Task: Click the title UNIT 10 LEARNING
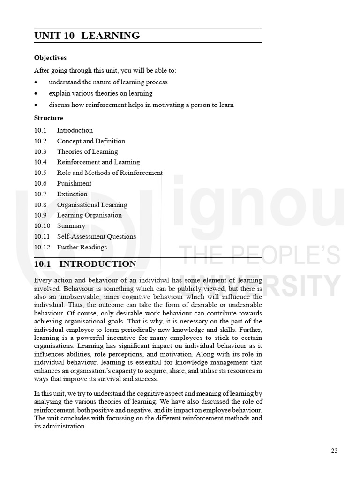(x=87, y=36)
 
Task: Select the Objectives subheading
(x=50, y=58)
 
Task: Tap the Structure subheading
(x=48, y=118)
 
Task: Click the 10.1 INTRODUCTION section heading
(x=85, y=264)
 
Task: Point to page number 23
(x=334, y=450)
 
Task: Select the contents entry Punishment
(x=74, y=183)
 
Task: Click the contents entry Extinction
(x=72, y=194)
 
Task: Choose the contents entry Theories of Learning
(x=87, y=151)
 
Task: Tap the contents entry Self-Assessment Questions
(x=97, y=236)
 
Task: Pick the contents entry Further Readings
(x=82, y=247)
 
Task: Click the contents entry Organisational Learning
(x=92, y=205)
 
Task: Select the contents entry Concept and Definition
(x=91, y=141)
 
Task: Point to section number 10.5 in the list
(x=40, y=172)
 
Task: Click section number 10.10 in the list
(x=42, y=226)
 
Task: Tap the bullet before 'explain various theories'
(x=36, y=93)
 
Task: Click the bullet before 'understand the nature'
(x=36, y=82)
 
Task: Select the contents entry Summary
(x=71, y=226)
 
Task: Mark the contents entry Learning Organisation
(x=90, y=215)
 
